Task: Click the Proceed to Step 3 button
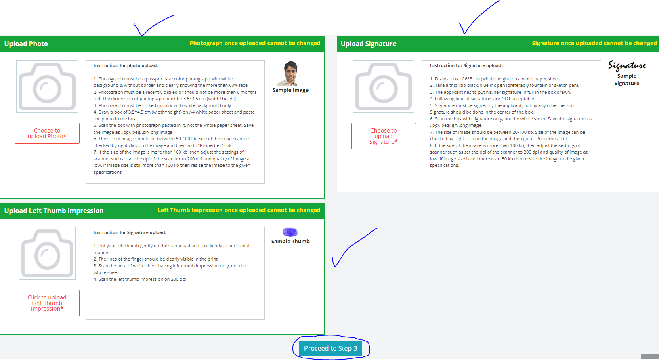click(330, 348)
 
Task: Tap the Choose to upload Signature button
click(383, 136)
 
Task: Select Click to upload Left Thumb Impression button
click(47, 303)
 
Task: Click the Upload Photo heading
click(26, 44)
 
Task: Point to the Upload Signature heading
click(368, 44)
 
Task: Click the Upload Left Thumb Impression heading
click(54, 211)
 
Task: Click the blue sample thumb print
click(290, 232)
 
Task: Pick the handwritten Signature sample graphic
click(627, 65)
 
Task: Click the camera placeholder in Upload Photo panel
click(47, 86)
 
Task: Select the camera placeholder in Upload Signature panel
click(383, 86)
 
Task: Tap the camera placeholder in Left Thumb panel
click(47, 253)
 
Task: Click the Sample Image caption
click(290, 90)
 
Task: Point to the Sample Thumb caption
click(290, 241)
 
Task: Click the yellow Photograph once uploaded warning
click(255, 43)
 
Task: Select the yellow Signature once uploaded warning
click(594, 43)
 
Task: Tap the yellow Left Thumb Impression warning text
click(239, 210)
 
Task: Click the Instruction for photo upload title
click(126, 65)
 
